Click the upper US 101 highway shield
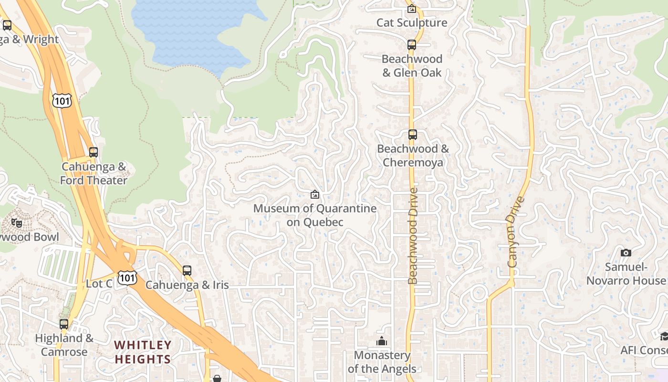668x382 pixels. point(63,101)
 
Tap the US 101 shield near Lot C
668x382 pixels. point(128,278)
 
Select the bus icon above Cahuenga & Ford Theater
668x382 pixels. point(94,152)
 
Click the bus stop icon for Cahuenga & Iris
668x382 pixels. point(187,271)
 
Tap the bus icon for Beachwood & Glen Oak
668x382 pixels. point(412,45)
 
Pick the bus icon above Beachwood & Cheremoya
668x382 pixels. point(413,135)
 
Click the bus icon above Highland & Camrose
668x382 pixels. point(64,324)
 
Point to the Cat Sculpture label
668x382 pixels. point(412,22)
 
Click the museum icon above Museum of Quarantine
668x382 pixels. point(315,194)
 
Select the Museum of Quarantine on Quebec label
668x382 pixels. point(315,215)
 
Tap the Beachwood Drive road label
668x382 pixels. point(413,236)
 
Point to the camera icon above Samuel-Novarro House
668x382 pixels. point(626,253)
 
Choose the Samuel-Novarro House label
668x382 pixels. point(626,274)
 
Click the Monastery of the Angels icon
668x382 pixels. point(381,341)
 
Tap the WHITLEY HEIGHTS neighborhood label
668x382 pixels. point(143,352)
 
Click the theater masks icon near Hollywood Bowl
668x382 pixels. point(17,223)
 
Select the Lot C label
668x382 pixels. point(99,284)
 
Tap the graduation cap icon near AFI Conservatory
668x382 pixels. point(664,337)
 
